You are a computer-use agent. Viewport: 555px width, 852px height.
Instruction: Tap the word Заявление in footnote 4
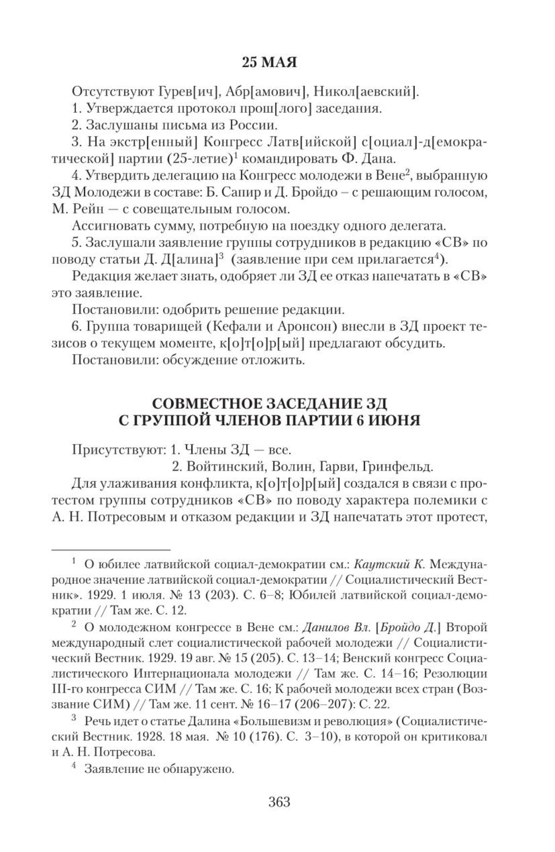coord(108,769)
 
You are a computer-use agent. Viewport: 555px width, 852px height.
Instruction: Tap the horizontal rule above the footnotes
coord(111,549)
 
